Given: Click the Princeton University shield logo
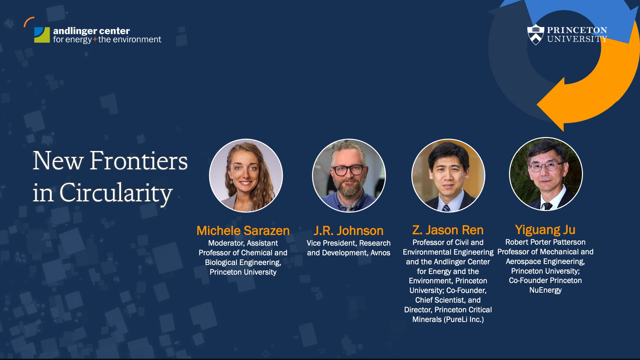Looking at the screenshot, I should [536, 34].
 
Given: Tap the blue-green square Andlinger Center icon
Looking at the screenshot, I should [42, 35].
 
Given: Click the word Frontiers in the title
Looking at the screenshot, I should [138, 161].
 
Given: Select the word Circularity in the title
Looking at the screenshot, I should [116, 193].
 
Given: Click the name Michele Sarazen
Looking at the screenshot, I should [243, 231].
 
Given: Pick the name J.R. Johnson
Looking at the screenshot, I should [348, 231].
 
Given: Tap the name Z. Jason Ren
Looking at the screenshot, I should [448, 230].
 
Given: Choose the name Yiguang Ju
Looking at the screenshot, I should [545, 229].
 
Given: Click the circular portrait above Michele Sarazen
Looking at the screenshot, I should [246, 176].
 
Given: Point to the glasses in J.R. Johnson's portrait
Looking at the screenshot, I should [349, 170].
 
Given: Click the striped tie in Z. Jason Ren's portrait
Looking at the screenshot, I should [446, 208].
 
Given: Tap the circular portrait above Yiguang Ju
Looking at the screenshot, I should [546, 174].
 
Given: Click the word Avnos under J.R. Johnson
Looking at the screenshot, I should [380, 253].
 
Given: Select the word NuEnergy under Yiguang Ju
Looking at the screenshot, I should [545, 290].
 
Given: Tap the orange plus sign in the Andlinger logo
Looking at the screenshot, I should [95, 40].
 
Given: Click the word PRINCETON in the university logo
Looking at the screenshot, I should [577, 30].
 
